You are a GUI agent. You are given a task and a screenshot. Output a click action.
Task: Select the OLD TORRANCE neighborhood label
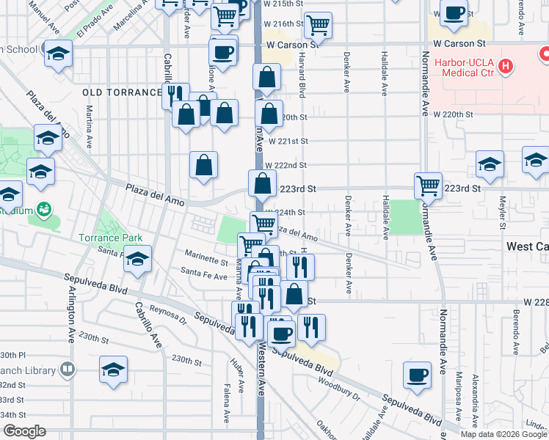[121, 92]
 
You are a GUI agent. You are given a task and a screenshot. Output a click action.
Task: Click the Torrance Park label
[112, 238]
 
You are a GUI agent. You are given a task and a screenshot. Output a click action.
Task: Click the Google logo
[23, 431]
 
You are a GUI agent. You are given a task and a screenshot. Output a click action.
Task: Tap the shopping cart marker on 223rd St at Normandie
[428, 185]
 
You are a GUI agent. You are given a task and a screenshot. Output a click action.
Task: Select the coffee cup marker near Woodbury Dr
[417, 375]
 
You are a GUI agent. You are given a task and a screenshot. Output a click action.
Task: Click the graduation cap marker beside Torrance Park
[137, 260]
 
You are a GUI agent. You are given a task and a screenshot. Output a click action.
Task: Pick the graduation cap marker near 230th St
[113, 370]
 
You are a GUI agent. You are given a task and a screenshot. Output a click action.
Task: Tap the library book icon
[68, 368]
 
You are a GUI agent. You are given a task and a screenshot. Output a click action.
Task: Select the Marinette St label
[206, 260]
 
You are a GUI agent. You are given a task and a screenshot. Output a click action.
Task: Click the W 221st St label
[287, 141]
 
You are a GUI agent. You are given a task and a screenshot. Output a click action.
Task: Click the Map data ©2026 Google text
[503, 434]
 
